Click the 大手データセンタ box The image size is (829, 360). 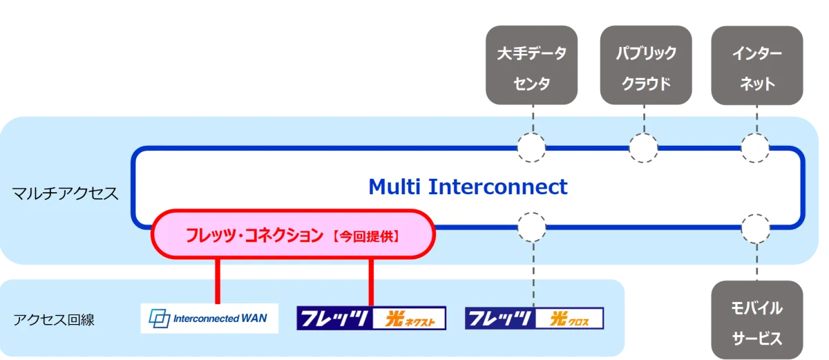532,68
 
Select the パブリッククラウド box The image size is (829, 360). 645,68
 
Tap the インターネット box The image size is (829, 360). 756,68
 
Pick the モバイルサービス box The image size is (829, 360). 756,321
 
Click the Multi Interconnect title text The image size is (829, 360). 468,187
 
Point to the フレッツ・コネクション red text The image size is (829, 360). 254,236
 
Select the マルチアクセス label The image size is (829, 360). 66,193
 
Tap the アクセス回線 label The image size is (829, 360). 54,319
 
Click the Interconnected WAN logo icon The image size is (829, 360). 160,319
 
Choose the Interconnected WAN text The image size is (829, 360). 220,319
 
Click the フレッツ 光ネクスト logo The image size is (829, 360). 371,319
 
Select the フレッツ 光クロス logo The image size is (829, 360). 534,319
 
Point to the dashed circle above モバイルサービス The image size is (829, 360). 755,227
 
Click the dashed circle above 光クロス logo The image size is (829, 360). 532,227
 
